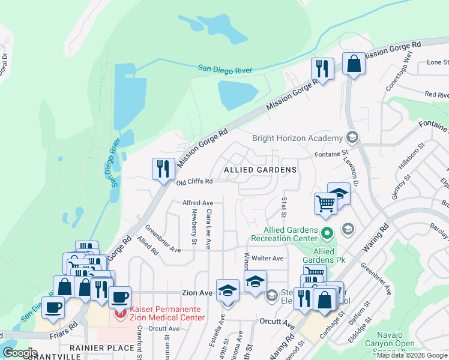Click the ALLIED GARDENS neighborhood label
point(260,170)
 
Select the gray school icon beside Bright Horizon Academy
point(352,138)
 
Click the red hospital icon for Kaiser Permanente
point(121,313)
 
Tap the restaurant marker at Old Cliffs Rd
point(163,169)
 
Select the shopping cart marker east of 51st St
point(325,203)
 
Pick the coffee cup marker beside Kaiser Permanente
point(120,297)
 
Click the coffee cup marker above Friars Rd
point(53,307)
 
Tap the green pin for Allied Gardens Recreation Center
point(327,231)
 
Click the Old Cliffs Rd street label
point(194,181)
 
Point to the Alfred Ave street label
point(197,203)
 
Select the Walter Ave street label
point(267,258)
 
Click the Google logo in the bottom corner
point(20,352)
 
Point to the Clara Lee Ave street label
point(209,229)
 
